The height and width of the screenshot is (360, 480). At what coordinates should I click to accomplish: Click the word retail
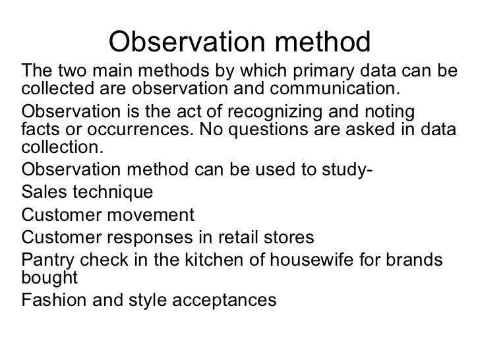(x=243, y=237)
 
